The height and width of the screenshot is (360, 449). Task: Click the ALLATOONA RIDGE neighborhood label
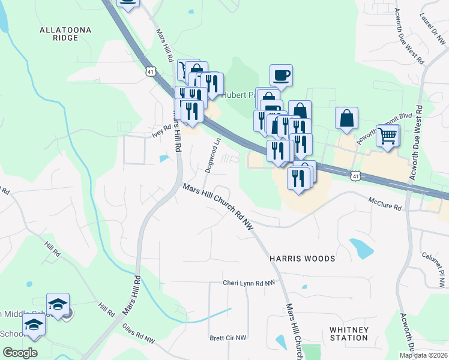[x=58, y=33]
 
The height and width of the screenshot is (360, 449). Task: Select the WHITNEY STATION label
[x=349, y=334]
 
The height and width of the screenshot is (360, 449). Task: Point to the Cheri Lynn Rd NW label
[x=249, y=283]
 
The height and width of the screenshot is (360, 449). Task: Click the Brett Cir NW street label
[x=228, y=338]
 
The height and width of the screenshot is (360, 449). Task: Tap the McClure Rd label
[x=385, y=206]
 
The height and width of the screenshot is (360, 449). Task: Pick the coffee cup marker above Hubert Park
[x=281, y=75]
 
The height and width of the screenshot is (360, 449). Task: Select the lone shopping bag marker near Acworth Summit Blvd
[x=347, y=118]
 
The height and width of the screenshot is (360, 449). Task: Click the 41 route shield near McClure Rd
[x=356, y=176]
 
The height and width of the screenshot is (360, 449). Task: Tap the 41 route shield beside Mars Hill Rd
[x=149, y=71]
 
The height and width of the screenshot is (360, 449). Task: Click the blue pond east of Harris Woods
[x=361, y=248]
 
